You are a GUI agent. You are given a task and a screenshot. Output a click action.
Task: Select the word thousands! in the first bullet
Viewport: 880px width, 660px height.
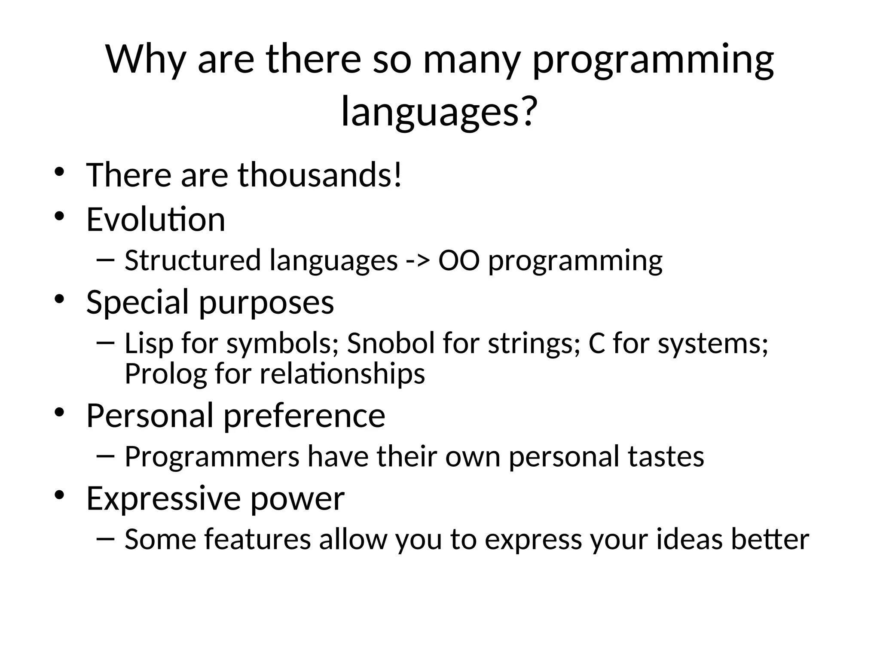coord(320,175)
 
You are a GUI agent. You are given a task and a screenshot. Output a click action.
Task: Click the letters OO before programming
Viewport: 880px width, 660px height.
coord(458,261)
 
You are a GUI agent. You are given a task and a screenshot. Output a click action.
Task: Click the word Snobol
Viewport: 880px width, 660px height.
coord(391,343)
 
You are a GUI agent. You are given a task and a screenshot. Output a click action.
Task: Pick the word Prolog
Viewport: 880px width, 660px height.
coord(165,373)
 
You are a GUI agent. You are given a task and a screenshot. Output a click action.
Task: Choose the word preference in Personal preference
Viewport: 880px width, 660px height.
coord(304,416)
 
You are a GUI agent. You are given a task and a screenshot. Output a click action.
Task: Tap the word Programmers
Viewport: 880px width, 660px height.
coord(212,456)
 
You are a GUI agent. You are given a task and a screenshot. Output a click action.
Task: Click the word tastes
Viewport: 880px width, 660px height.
coord(666,456)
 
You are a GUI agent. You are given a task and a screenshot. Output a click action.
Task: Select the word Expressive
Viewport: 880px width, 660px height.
coord(164,498)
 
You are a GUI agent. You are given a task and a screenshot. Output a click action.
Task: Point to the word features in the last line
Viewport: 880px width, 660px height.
coord(257,539)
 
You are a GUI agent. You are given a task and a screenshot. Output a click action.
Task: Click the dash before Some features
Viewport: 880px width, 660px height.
coord(106,538)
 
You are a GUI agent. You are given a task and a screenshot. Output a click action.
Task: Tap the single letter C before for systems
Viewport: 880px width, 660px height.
coord(596,343)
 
